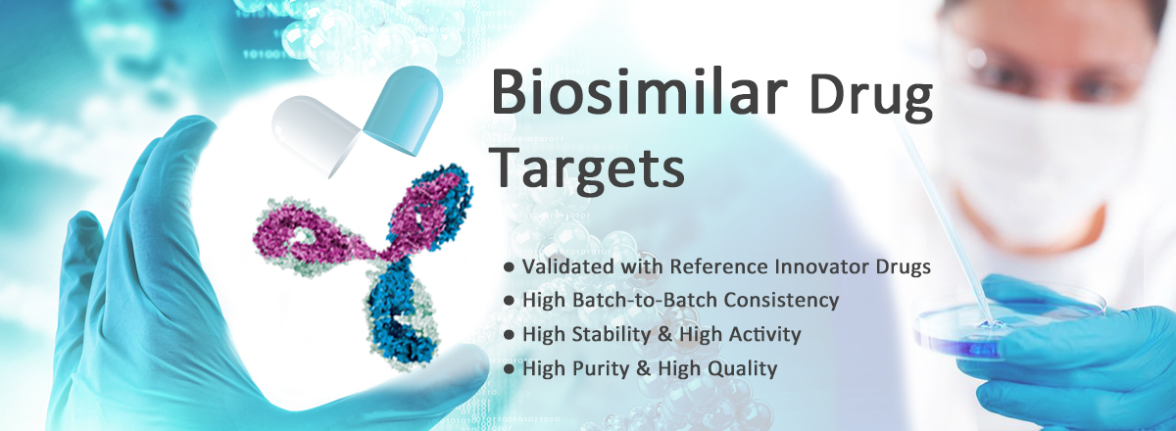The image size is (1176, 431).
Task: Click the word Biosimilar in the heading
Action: tap(639, 92)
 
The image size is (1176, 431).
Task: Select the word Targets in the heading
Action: tap(588, 168)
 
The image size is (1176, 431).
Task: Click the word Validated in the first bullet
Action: tap(568, 266)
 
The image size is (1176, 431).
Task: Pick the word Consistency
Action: tap(782, 301)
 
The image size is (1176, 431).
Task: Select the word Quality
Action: tap(743, 368)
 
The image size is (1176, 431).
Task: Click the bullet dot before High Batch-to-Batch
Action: tap(509, 301)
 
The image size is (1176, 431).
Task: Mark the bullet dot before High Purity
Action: tap(509, 369)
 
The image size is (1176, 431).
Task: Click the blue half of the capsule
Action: tap(404, 109)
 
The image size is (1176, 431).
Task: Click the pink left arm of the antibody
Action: tap(305, 236)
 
